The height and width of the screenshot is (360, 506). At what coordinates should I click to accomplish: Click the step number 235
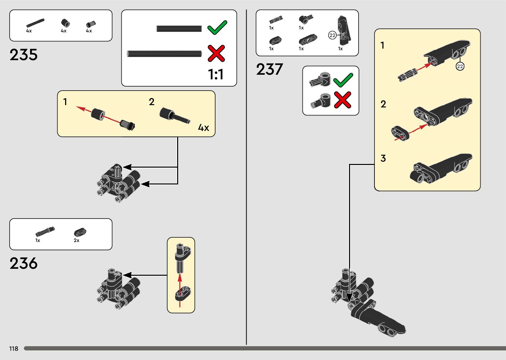pos(23,55)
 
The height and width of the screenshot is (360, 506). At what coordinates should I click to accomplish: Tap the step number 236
pos(23,263)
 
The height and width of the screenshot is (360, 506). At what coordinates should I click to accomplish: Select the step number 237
pos(269,69)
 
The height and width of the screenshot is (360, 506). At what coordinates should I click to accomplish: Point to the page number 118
pos(14,348)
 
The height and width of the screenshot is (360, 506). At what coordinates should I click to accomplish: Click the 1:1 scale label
pos(215,74)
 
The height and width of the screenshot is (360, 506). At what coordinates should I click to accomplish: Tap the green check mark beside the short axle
pos(217,27)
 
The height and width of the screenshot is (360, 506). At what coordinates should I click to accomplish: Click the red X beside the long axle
pos(216,54)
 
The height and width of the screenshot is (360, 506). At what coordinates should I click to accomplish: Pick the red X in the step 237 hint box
pos(342,100)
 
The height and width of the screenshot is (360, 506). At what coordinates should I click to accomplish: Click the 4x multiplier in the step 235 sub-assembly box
pos(203,128)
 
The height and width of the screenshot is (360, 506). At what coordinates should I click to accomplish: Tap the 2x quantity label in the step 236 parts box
pos(76,240)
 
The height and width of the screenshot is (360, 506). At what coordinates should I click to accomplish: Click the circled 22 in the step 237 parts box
pos(332,35)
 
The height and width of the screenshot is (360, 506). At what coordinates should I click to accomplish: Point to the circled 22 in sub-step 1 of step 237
pos(460,66)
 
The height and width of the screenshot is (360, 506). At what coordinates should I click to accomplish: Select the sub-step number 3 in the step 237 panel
pos(383,158)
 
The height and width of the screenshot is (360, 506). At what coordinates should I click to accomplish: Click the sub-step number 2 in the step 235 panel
pos(151,102)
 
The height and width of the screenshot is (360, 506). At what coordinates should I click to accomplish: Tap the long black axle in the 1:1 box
pos(164,54)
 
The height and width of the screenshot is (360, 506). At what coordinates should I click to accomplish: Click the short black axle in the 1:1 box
pos(179,29)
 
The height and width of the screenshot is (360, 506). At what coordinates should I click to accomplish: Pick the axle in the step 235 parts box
pos(35,23)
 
